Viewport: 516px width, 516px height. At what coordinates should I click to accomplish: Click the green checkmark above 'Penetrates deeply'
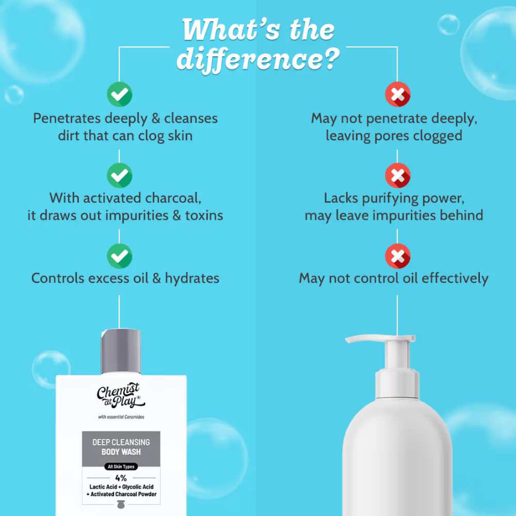120,94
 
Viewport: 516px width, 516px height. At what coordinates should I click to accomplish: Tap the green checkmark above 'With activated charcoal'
120,175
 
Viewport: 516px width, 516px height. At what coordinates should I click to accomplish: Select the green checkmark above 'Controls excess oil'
120,256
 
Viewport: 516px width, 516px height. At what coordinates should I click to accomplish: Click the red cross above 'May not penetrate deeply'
397,94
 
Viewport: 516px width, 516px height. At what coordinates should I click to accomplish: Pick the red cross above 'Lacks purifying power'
397,175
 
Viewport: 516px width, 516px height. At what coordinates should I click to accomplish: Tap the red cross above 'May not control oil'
397,256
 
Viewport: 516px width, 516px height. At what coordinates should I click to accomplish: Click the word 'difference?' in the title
259,59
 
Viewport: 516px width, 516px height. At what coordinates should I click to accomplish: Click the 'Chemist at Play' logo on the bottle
121,395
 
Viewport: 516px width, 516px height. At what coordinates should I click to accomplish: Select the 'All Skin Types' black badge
121,466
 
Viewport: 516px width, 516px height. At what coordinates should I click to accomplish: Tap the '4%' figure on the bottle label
121,478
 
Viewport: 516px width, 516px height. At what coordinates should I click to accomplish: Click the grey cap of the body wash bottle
121,351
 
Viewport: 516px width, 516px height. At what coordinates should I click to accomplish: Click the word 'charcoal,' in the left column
173,198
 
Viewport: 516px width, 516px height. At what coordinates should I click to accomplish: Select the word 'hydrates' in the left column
192,279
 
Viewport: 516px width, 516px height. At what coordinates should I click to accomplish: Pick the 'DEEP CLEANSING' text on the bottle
121,442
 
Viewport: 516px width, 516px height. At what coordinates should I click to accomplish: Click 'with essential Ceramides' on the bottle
121,417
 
